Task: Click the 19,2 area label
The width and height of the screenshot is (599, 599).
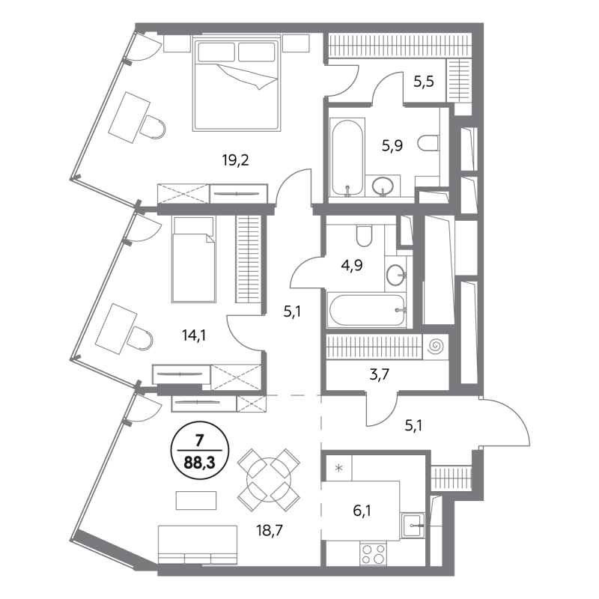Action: (235, 160)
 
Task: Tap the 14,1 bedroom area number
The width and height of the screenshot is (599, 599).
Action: (195, 335)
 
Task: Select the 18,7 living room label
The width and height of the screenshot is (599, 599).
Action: (270, 531)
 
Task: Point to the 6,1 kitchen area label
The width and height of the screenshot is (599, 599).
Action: (362, 511)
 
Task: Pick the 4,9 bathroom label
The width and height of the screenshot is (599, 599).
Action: (351, 265)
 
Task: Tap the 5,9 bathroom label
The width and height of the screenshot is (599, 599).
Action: (392, 145)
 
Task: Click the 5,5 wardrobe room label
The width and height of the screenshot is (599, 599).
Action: (424, 82)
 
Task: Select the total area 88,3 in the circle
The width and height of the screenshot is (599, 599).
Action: (199, 463)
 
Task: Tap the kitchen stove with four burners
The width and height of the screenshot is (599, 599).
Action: (373, 554)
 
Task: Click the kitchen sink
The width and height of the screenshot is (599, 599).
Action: (413, 526)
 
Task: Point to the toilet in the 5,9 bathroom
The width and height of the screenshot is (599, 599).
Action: (428, 143)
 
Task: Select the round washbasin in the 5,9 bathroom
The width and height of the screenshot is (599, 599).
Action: (382, 186)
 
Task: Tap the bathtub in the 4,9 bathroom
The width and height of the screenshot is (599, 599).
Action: (367, 310)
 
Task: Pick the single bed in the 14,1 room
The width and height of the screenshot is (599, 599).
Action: (193, 260)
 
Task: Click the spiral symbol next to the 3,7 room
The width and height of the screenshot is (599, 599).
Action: (436, 347)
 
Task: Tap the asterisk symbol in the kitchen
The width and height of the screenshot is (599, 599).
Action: (338, 468)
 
